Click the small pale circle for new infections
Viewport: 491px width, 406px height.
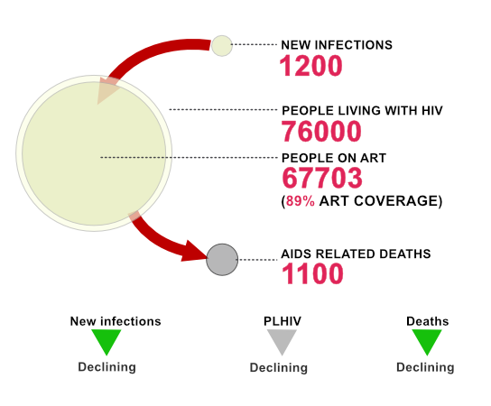[x=222, y=46]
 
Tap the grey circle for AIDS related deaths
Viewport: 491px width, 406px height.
[x=222, y=260]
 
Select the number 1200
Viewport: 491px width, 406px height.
[x=310, y=66]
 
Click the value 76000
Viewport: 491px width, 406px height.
[x=321, y=132]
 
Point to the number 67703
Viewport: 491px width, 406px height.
[x=322, y=178]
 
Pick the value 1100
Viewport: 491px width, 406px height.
[x=312, y=273]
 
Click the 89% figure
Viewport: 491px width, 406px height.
[x=301, y=201]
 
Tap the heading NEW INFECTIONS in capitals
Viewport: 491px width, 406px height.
[x=337, y=45]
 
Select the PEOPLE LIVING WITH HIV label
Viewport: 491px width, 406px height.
[x=362, y=110]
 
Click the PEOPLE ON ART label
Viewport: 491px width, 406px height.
[x=334, y=158]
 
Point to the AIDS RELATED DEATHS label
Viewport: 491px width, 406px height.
[x=356, y=254]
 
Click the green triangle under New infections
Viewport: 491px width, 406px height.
[x=107, y=342]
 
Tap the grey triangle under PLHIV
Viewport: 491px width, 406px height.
[x=282, y=342]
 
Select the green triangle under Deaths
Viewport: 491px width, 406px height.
[x=427, y=342]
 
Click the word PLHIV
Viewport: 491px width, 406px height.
[x=283, y=321]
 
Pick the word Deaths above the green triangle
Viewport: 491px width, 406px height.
[x=428, y=321]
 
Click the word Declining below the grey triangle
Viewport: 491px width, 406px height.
[x=279, y=367]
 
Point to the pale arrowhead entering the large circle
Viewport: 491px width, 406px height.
[x=107, y=90]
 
